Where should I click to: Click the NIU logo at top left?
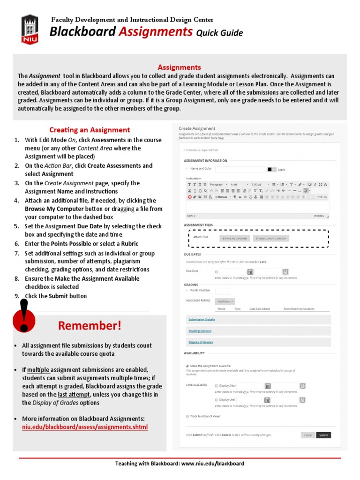pos(30,30)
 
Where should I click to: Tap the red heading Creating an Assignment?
pos(90,130)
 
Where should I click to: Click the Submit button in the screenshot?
pos(323,435)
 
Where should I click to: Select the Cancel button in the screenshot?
pos(307,435)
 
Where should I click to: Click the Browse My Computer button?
pos(234,238)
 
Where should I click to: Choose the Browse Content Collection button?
pos(271,238)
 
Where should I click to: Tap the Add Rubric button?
pos(225,301)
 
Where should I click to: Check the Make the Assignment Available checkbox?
pos(187,366)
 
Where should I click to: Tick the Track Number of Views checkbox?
pos(187,416)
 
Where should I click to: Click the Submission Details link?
pos(202,319)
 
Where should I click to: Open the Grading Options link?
pos(200,331)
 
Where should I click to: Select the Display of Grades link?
pos(201,342)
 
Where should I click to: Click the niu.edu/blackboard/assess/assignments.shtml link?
pos(85,427)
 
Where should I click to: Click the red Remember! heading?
pos(90,326)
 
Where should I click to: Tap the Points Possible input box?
pos(222,291)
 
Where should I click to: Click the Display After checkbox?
pos(216,386)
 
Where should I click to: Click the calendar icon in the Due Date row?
pos(250,272)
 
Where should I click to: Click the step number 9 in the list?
pos(16,296)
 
